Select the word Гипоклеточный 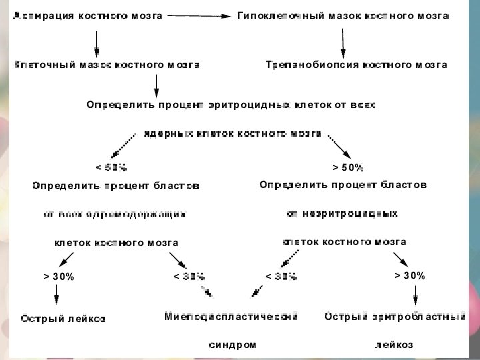[x=275, y=16]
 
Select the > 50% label [x=348, y=167]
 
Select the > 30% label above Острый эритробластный [x=410, y=275]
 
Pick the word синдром [x=232, y=345]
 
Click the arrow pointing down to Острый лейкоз [x=56, y=295]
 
